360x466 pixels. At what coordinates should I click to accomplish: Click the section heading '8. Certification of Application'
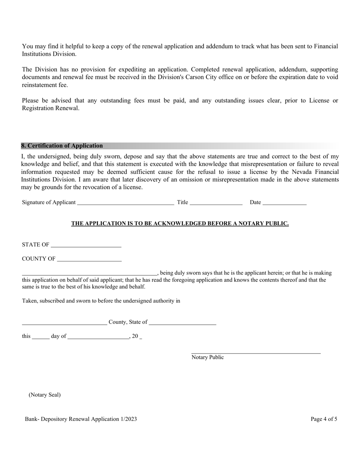pyautogui.click(x=62, y=146)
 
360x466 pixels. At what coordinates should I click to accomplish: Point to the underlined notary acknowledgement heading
pyautogui.click(x=180, y=224)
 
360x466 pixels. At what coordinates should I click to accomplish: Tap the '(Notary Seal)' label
pyautogui.click(x=45, y=395)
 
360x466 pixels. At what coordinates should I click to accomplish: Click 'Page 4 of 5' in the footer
pyautogui.click(x=324, y=419)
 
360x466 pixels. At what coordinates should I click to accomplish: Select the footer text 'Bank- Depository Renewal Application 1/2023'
pyautogui.click(x=81, y=419)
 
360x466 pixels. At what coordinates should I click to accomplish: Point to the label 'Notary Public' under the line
pyautogui.click(x=208, y=357)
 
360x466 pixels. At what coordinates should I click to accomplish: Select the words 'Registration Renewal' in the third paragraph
pyautogui.click(x=51, y=108)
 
